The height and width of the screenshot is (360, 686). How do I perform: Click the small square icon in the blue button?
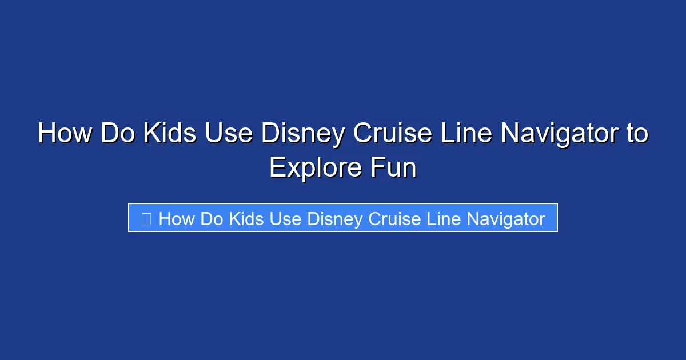[146, 219]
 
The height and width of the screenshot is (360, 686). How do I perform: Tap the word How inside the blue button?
[177, 219]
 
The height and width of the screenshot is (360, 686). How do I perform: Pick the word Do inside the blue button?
[212, 219]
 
